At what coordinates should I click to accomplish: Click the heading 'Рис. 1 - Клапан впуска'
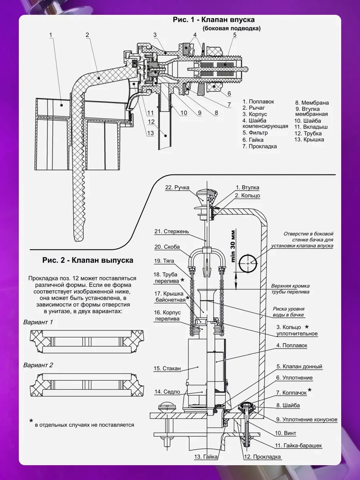pyautogui.click(x=214, y=20)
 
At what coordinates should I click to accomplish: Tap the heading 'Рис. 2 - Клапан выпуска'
pyautogui.click(x=88, y=260)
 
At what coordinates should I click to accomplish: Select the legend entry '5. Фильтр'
pyautogui.click(x=255, y=132)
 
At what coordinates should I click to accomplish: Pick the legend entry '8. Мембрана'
pyautogui.click(x=312, y=102)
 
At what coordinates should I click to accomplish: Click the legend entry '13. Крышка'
pyautogui.click(x=309, y=140)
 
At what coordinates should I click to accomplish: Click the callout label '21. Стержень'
pyautogui.click(x=172, y=231)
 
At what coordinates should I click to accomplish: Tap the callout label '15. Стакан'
pyautogui.click(x=167, y=368)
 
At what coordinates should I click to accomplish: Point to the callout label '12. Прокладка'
pyautogui.click(x=262, y=457)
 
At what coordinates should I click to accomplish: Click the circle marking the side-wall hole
pyautogui.click(x=248, y=264)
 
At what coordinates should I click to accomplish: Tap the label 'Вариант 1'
pyautogui.click(x=38, y=322)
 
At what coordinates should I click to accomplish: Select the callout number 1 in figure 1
pyautogui.click(x=51, y=35)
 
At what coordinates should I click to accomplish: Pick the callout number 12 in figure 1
pyautogui.click(x=151, y=122)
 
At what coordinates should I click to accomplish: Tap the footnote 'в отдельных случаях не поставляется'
pyautogui.click(x=84, y=425)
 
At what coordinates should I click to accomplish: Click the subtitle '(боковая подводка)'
pyautogui.click(x=231, y=28)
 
